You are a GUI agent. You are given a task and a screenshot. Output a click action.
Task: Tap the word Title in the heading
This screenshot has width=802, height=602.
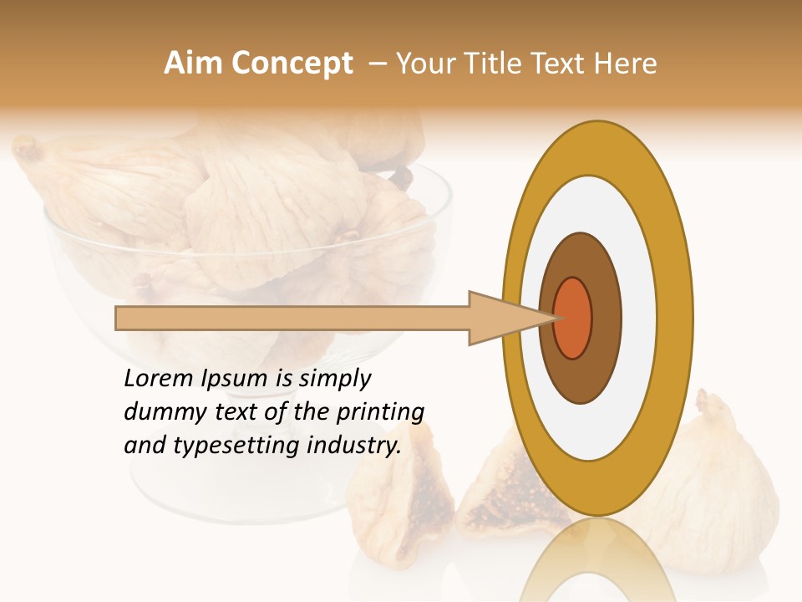[499, 64]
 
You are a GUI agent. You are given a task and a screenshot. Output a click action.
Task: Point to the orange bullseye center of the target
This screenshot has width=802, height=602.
[573, 318]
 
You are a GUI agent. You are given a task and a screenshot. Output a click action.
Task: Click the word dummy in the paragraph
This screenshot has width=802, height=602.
[160, 412]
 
